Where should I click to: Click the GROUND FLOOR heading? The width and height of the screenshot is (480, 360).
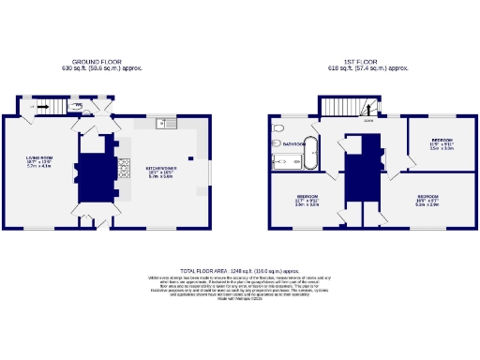101,62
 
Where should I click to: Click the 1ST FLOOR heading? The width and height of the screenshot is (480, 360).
360,62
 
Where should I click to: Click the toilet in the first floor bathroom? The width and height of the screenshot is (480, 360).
276,127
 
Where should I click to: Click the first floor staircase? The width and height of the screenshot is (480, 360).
347,107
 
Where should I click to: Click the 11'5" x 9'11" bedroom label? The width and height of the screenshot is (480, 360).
442,144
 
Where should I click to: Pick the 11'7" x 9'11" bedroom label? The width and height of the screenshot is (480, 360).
307,199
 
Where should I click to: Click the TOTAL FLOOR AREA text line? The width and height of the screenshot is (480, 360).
240,269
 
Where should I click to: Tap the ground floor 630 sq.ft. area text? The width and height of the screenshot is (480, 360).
101,68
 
